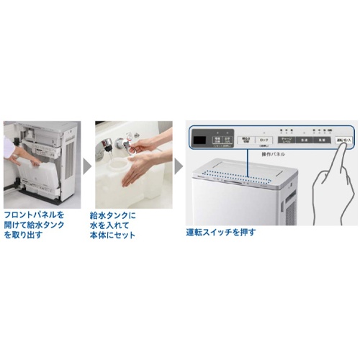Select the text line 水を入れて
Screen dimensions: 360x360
coord(107,225)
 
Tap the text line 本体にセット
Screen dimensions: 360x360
coord(113,235)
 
